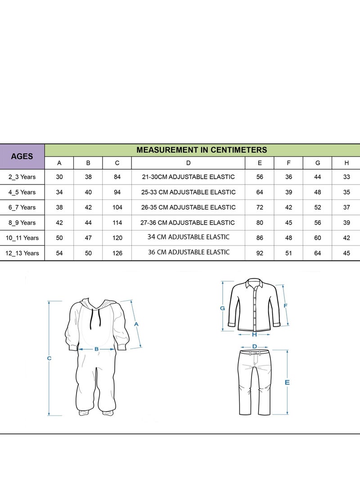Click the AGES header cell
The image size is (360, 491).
click(x=22, y=156)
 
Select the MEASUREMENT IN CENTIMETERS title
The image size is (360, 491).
click(x=202, y=150)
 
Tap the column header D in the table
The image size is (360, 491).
click(x=188, y=163)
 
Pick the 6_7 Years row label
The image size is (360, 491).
click(x=22, y=207)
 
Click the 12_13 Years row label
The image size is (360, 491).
click(x=22, y=253)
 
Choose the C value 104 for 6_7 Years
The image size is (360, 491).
click(x=117, y=207)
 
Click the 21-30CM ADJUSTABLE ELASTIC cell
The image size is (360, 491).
click(x=188, y=177)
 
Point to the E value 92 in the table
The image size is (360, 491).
click(x=260, y=253)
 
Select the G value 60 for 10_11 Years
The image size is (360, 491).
click(x=317, y=238)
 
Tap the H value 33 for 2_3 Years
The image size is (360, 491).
click(x=346, y=177)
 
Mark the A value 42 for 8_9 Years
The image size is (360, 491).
click(x=59, y=223)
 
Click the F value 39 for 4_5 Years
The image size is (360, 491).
click(x=288, y=192)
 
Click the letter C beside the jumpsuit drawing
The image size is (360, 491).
click(x=49, y=358)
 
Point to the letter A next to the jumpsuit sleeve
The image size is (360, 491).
click(x=136, y=324)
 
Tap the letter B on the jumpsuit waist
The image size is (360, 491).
click(x=96, y=349)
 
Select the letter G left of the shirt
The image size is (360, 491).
click(x=222, y=308)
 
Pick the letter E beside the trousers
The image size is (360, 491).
click(x=287, y=383)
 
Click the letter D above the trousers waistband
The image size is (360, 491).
click(x=255, y=347)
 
